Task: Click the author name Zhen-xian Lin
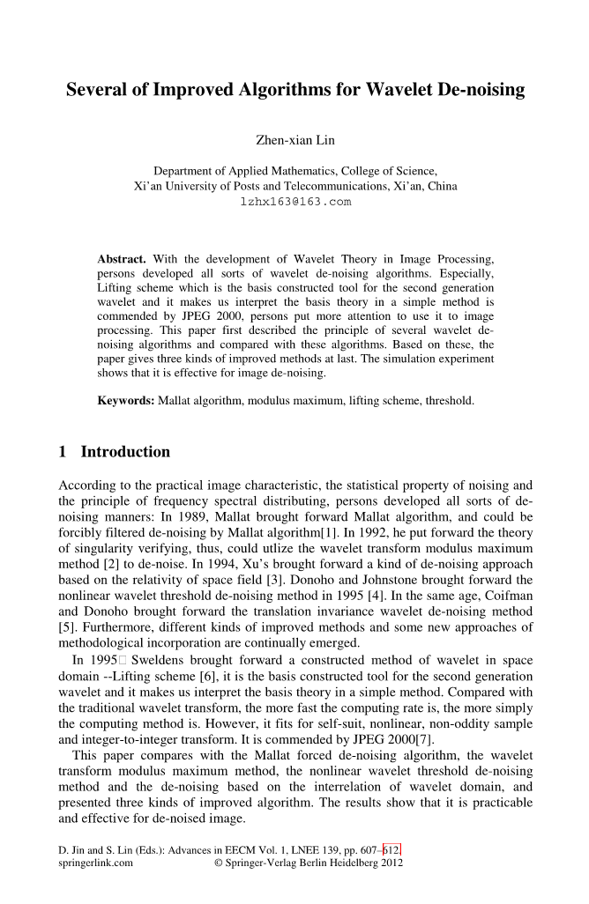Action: [x=294, y=139]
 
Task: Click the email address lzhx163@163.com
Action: [x=295, y=202]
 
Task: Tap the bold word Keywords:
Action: [x=125, y=401]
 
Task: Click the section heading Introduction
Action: [x=125, y=452]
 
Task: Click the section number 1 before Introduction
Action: [x=63, y=452]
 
